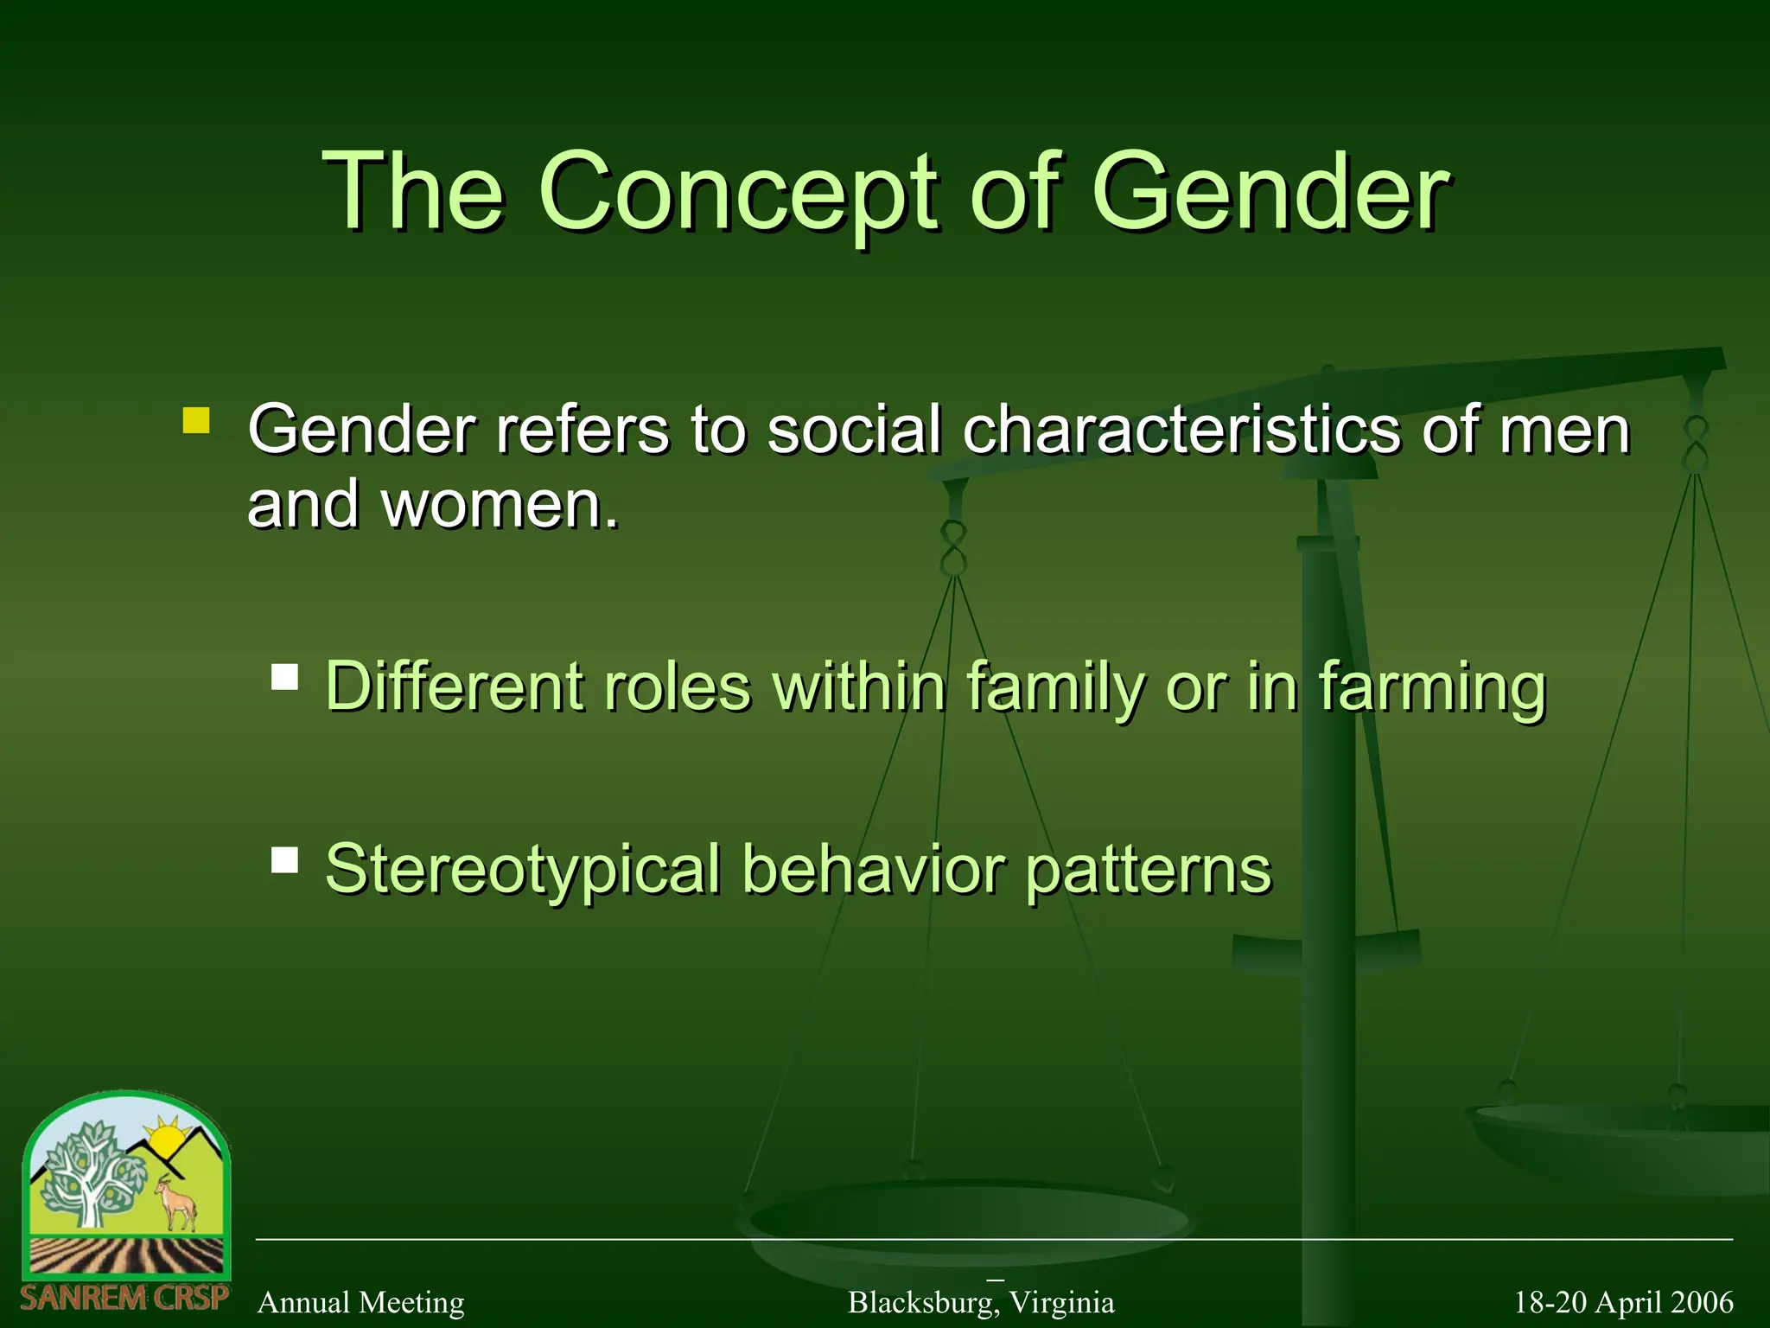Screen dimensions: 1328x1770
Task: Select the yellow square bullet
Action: point(196,421)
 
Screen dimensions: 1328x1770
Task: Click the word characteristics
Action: point(1181,430)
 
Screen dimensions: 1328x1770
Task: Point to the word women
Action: point(500,505)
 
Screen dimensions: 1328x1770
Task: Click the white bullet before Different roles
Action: point(284,676)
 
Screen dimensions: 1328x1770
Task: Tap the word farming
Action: point(1431,688)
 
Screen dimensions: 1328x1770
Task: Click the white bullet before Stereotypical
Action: point(284,859)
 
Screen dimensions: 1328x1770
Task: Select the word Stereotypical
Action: point(522,870)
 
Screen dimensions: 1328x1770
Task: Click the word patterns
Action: point(1149,870)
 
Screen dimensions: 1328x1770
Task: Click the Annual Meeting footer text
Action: point(360,1302)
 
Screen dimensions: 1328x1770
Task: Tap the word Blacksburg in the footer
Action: point(920,1302)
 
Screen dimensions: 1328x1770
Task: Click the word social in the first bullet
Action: point(853,430)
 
